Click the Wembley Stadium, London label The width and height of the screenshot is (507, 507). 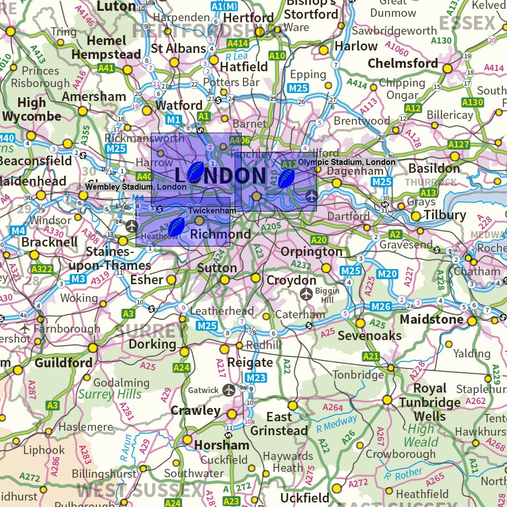(136, 187)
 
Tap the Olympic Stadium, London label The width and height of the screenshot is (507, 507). (347, 162)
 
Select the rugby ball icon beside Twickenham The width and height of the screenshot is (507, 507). (176, 227)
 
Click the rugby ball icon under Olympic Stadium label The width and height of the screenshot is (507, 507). (286, 178)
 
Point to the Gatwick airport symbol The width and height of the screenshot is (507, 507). (228, 390)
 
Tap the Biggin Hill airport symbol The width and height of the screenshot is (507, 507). (306, 294)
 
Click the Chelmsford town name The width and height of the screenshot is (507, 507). (403, 63)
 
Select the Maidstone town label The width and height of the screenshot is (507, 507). (432, 319)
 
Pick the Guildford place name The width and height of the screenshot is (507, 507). (63, 363)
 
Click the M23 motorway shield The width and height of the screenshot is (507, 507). (256, 378)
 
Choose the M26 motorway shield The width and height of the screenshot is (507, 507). (381, 306)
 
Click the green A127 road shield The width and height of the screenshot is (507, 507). (458, 144)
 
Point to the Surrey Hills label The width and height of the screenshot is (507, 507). (109, 394)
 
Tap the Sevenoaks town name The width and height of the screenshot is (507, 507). (369, 336)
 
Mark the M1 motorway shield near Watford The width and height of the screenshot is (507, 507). (173, 119)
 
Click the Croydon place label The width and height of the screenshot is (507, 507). (291, 280)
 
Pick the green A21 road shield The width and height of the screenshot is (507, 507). (370, 356)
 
